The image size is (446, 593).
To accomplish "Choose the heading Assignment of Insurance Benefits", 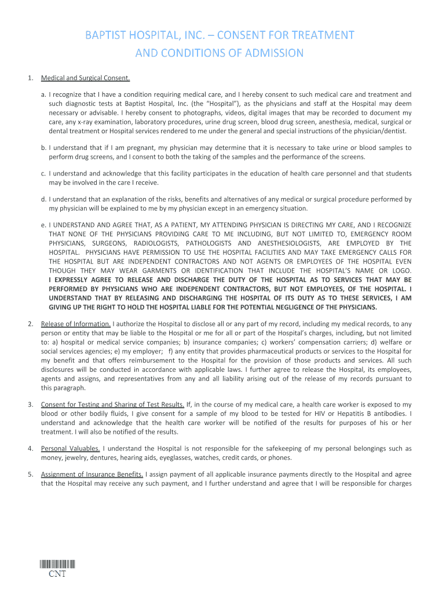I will (92, 474).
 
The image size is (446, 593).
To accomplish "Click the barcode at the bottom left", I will (57, 565).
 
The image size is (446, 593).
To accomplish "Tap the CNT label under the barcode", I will (57, 574).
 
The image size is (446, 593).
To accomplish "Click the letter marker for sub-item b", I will (43, 148).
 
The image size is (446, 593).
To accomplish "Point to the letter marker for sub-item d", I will (43, 199).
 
